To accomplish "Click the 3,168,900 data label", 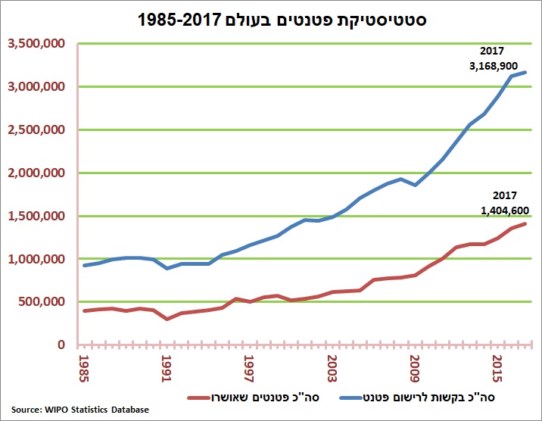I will tap(493, 66).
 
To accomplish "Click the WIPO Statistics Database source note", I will tap(79, 410).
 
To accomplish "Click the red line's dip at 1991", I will tap(167, 319).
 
